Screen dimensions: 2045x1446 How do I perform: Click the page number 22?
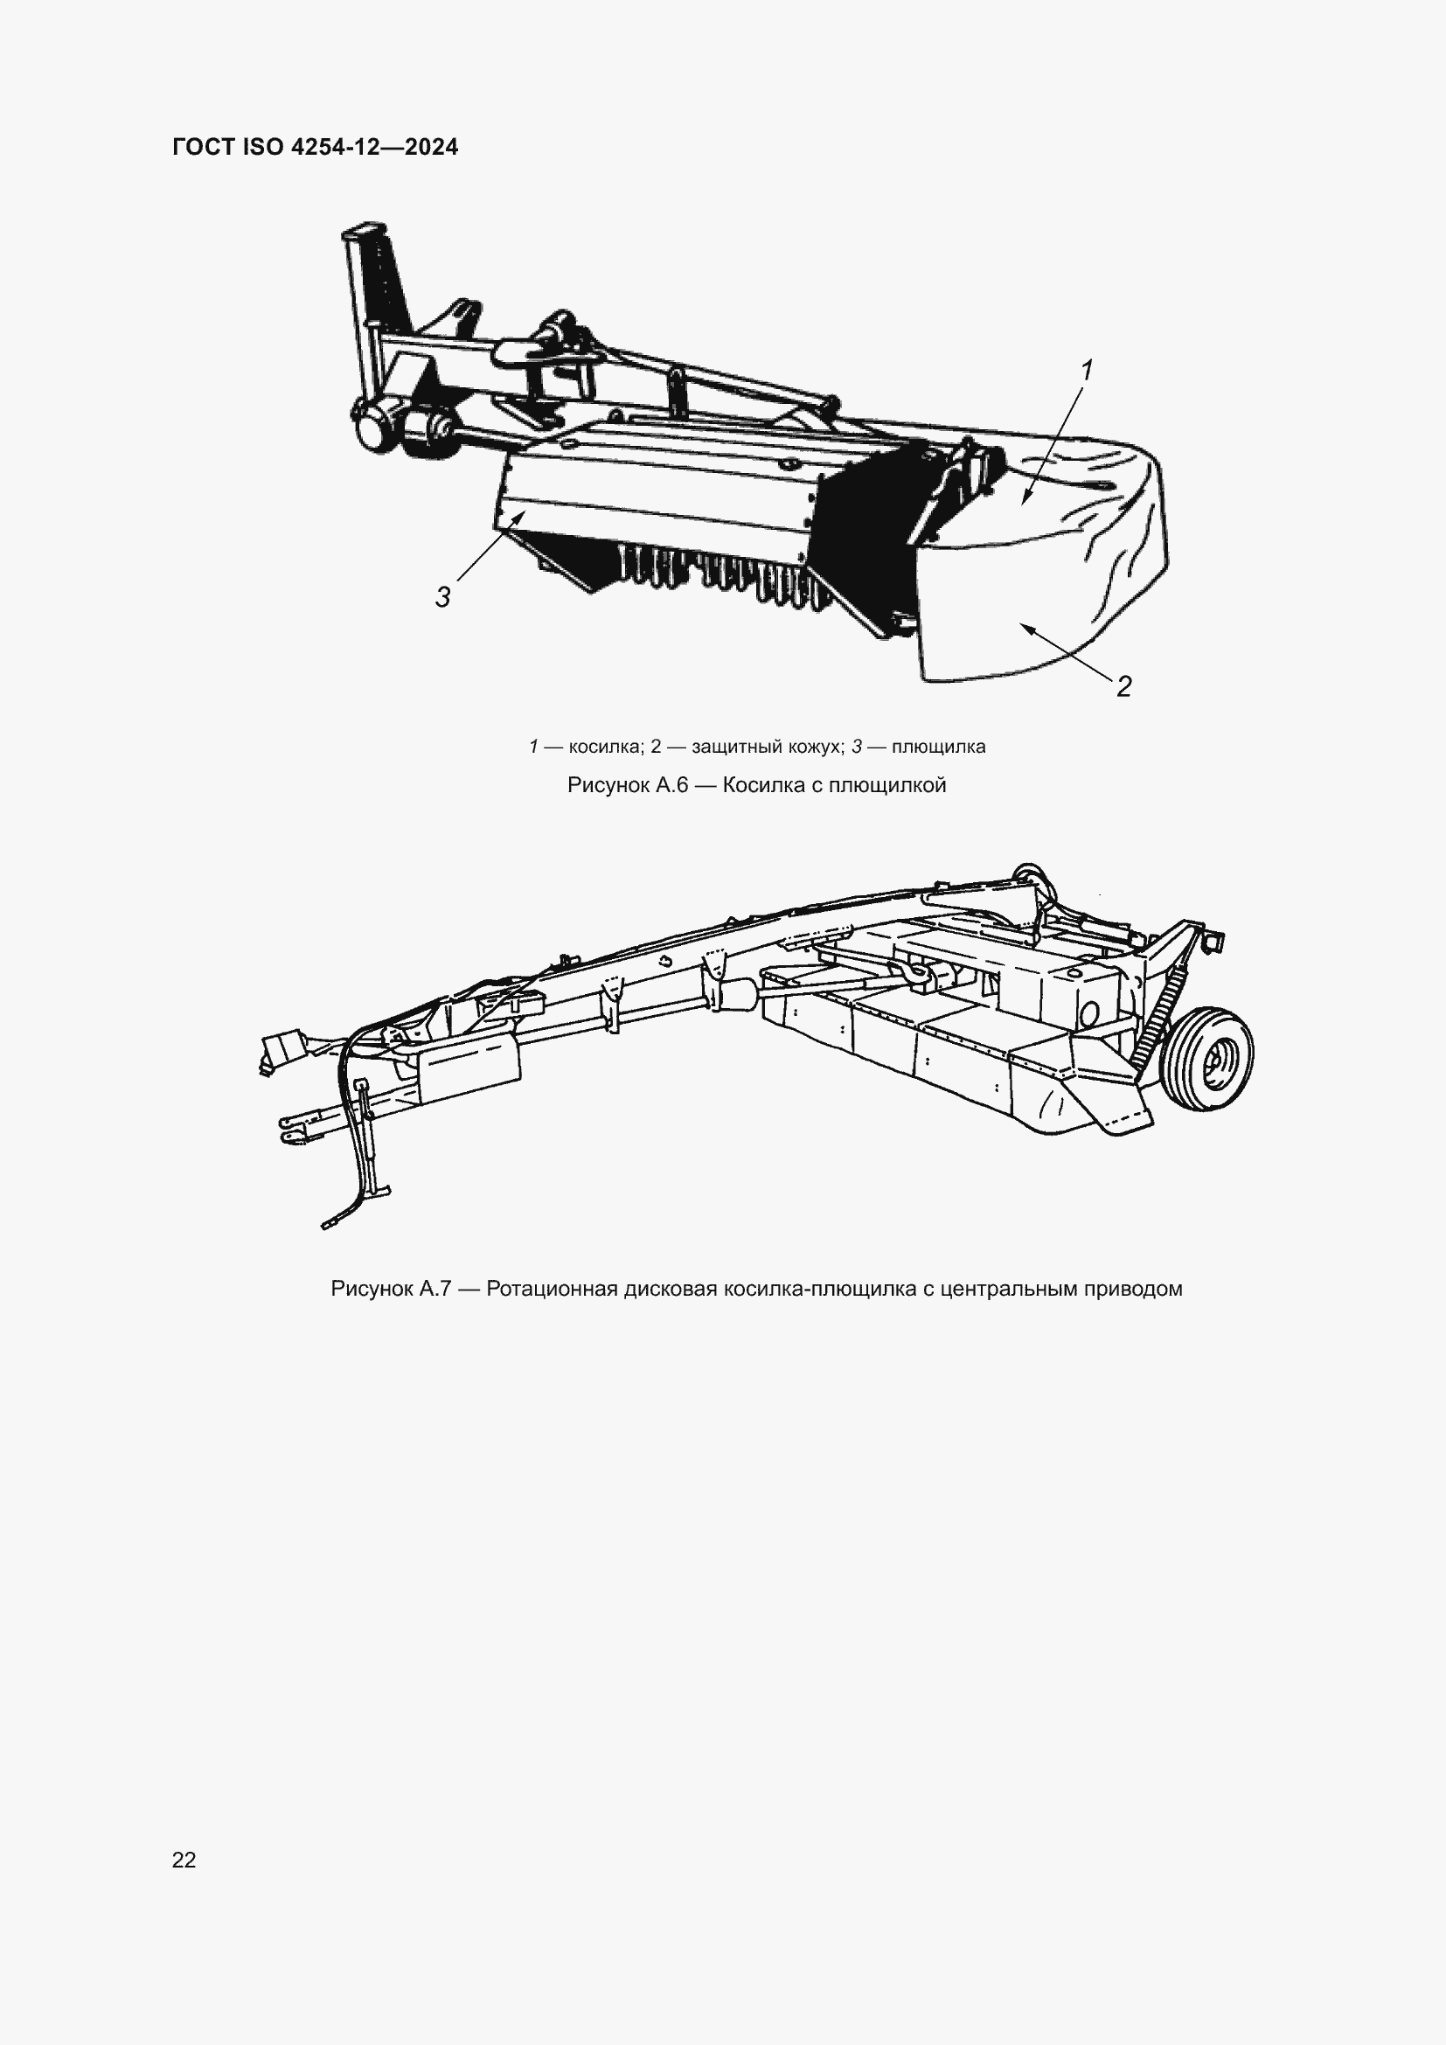click(184, 1859)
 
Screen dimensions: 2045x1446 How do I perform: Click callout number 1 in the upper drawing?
click(1086, 370)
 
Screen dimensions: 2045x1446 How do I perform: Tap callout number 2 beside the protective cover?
click(1123, 686)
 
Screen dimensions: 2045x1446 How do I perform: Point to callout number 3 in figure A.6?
click(442, 597)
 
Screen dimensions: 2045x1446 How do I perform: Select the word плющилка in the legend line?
click(938, 747)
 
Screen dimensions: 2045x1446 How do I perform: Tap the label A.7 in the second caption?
click(435, 1289)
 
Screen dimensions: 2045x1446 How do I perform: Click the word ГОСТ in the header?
click(203, 147)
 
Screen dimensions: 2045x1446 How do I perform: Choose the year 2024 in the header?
click(431, 147)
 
